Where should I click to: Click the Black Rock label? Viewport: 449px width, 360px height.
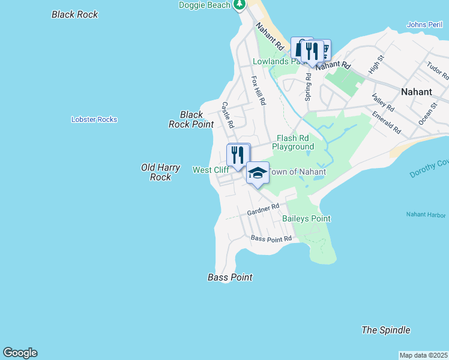(75, 14)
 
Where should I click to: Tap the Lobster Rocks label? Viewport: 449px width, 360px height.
(94, 119)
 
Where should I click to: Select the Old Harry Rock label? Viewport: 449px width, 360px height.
(160, 172)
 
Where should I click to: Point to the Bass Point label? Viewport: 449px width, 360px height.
(230, 277)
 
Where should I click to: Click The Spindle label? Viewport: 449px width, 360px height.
(386, 330)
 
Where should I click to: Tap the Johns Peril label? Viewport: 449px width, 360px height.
(424, 25)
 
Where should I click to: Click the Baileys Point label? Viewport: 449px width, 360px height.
(306, 218)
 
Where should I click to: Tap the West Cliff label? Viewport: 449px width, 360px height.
(210, 170)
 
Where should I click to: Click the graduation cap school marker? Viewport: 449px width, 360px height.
(258, 173)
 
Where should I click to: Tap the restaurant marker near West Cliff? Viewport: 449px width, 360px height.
(238, 155)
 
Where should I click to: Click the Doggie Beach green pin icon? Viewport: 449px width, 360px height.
(240, 5)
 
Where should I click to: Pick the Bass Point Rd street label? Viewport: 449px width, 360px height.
(271, 238)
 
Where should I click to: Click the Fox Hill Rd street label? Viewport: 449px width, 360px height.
(258, 91)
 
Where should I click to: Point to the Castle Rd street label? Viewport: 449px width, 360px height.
(227, 114)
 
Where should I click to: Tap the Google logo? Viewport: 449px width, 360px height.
(20, 353)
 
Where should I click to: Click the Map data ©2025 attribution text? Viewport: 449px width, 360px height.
(424, 355)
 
